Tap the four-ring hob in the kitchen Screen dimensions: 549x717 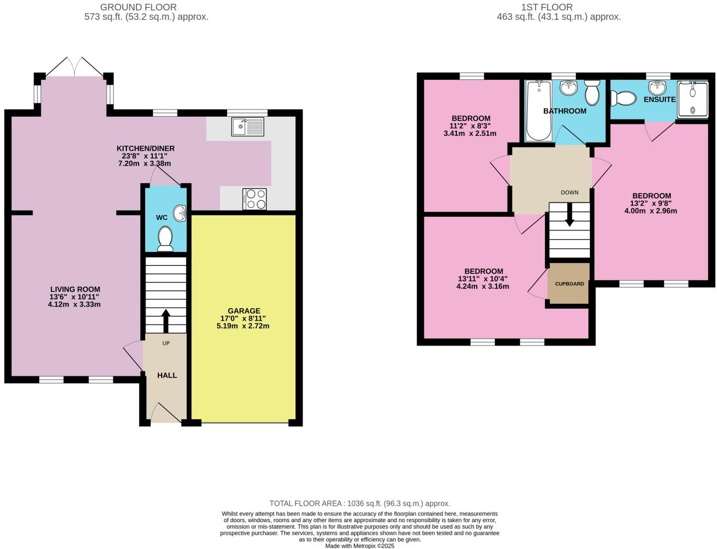coord(254,199)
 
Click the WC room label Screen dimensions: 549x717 coord(162,218)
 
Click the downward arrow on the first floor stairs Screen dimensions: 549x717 coord(569,215)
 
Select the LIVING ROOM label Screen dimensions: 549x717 coord(75,289)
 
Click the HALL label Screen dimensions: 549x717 coord(167,375)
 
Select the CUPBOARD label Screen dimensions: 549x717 coord(569,284)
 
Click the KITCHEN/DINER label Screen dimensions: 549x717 coord(145,149)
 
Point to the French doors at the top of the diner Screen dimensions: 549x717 coord(74,66)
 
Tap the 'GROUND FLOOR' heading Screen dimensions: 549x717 coord(138,7)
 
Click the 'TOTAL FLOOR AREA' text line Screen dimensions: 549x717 coord(360,503)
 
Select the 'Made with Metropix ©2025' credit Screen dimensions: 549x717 coord(360,546)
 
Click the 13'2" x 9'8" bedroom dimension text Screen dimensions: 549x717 coord(651,203)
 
